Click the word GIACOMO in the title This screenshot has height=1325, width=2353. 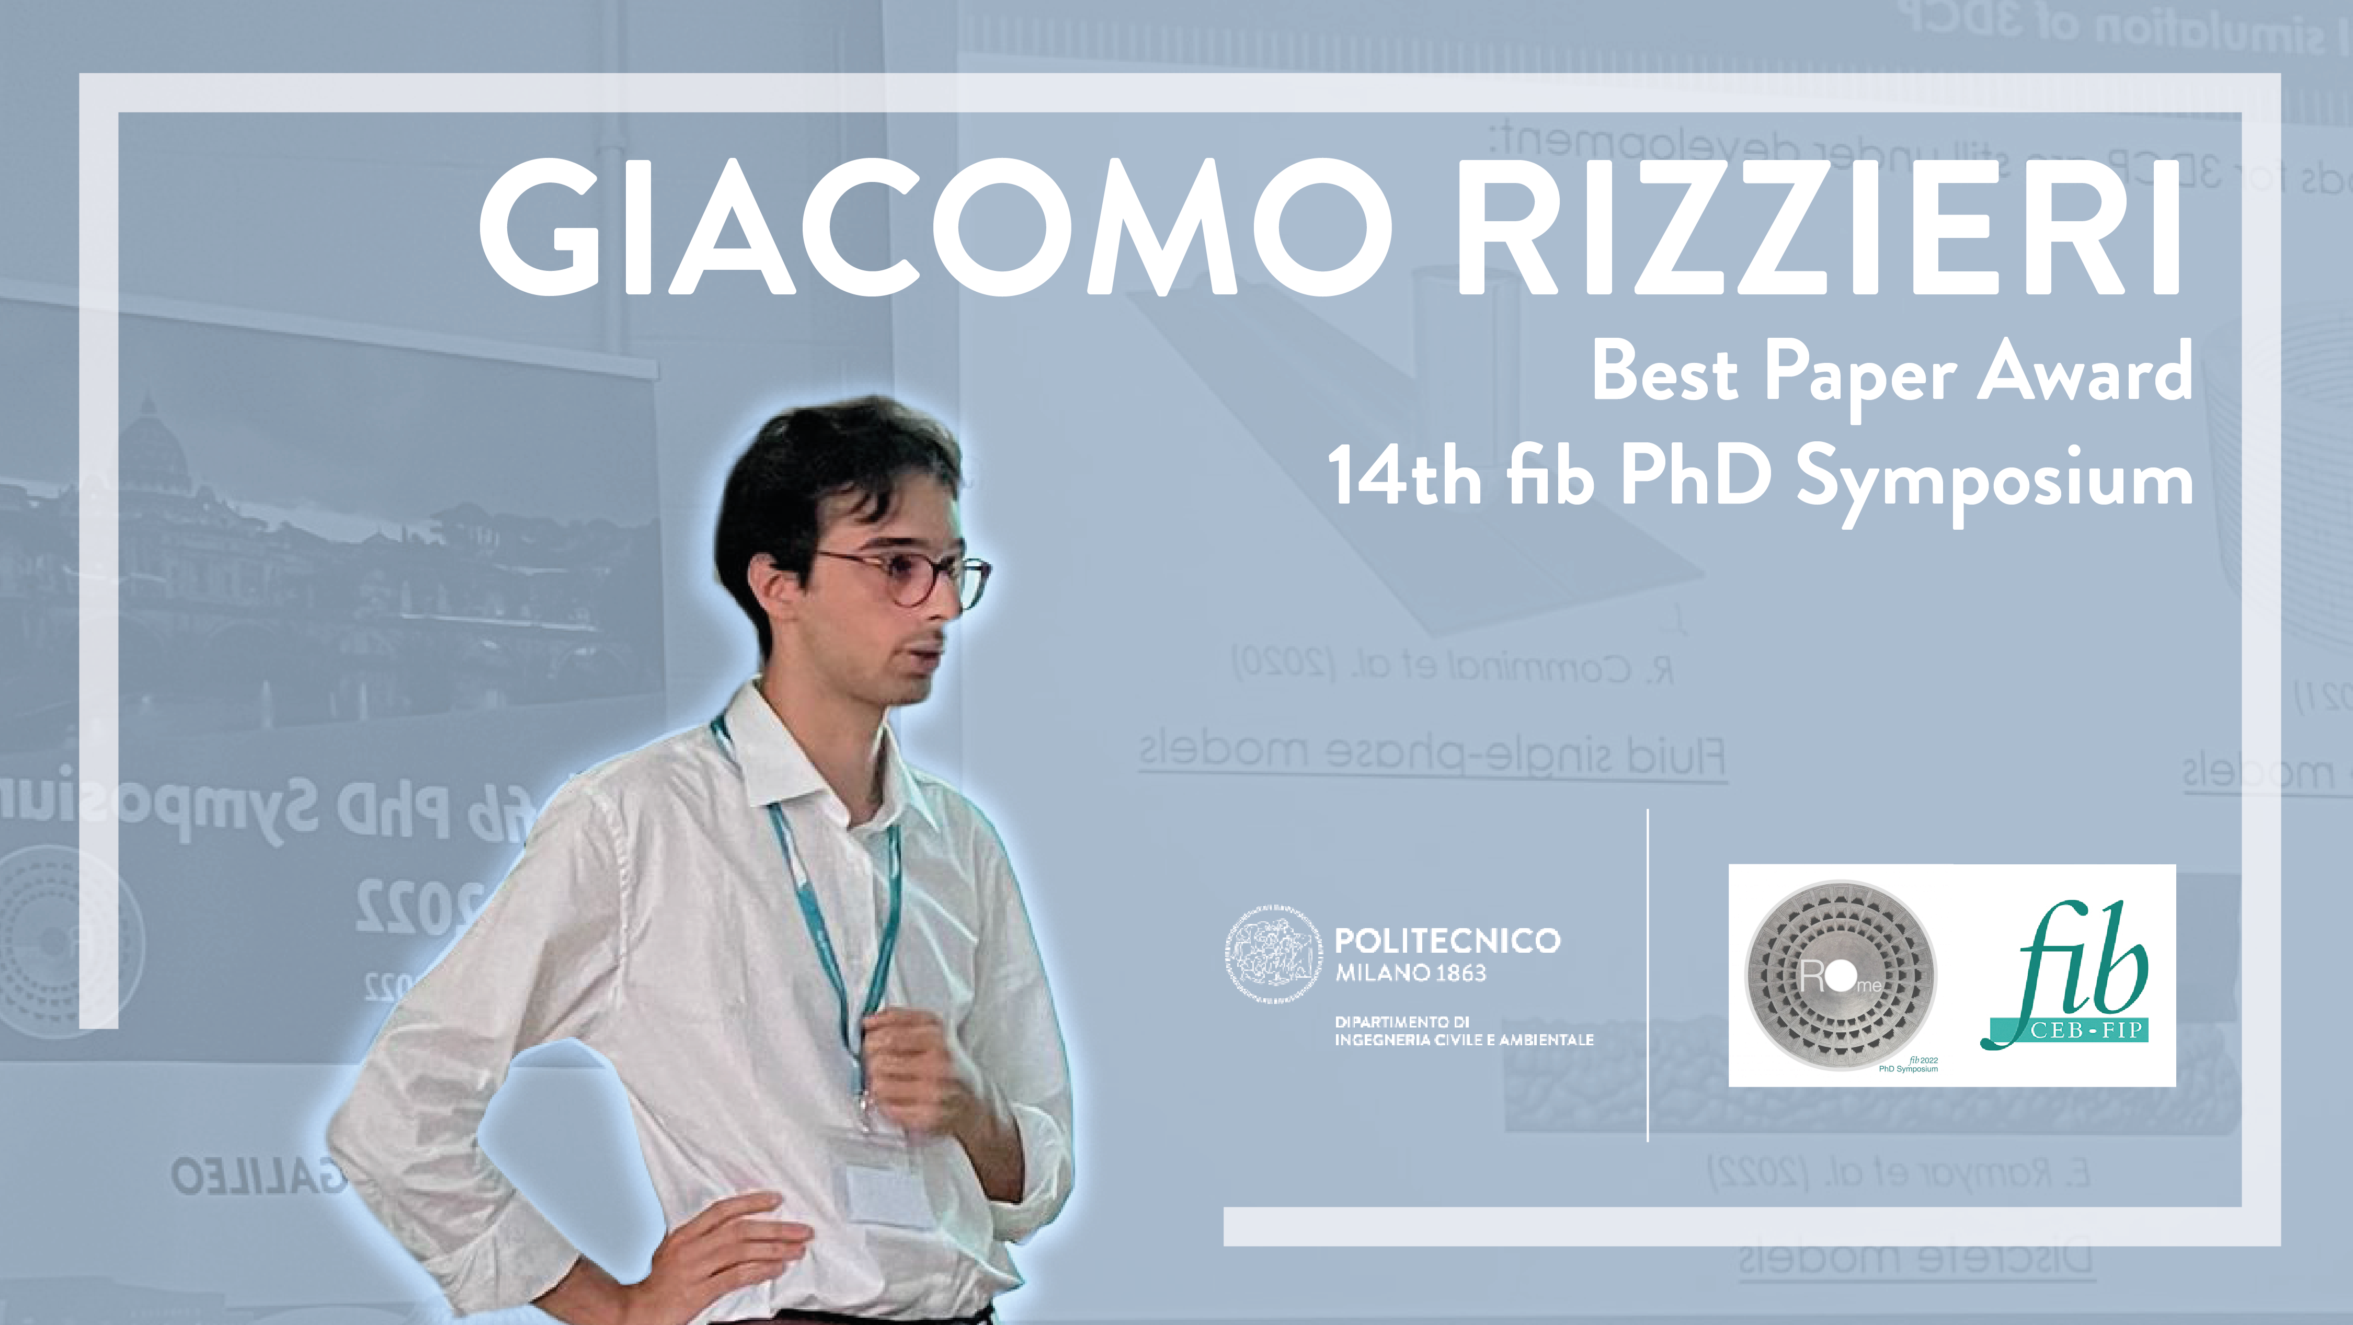pyautogui.click(x=932, y=229)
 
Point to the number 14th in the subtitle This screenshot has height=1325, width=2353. pyautogui.click(x=1404, y=477)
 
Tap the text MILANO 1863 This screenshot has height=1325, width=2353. pyautogui.click(x=1411, y=974)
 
